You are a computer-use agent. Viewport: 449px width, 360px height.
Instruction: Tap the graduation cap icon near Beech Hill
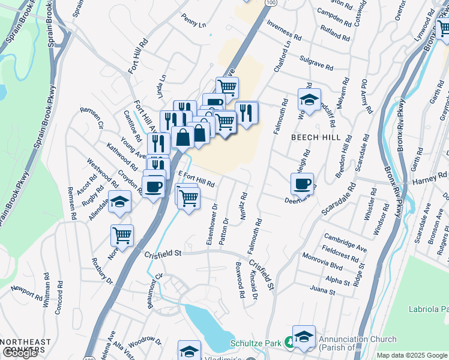pos(309,100)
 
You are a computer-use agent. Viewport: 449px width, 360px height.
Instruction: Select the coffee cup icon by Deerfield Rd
pos(302,184)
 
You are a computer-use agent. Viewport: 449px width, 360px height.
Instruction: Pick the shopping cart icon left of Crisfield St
pos(122,235)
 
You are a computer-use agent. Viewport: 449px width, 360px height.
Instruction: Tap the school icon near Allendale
pos(119,204)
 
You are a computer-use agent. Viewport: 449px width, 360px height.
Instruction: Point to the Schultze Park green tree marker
pos(289,343)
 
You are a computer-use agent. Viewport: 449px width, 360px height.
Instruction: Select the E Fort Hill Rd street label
pos(196,179)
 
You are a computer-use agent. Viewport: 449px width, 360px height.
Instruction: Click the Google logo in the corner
pos(20,353)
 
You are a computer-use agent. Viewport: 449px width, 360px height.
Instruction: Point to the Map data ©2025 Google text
pos(412,355)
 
